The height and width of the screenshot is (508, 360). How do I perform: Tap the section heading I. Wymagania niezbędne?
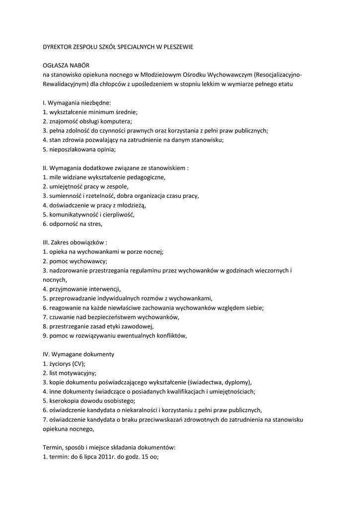tap(77, 103)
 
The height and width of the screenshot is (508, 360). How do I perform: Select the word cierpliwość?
tap(118, 215)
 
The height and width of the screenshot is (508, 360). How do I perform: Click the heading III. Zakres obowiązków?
tap(75, 243)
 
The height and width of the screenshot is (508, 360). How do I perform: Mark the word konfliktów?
tap(171, 335)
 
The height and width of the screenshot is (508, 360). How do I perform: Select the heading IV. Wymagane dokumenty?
tap(78, 354)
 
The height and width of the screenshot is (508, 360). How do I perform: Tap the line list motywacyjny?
tap(70, 373)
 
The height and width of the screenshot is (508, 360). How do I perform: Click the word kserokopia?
tap(64, 401)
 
